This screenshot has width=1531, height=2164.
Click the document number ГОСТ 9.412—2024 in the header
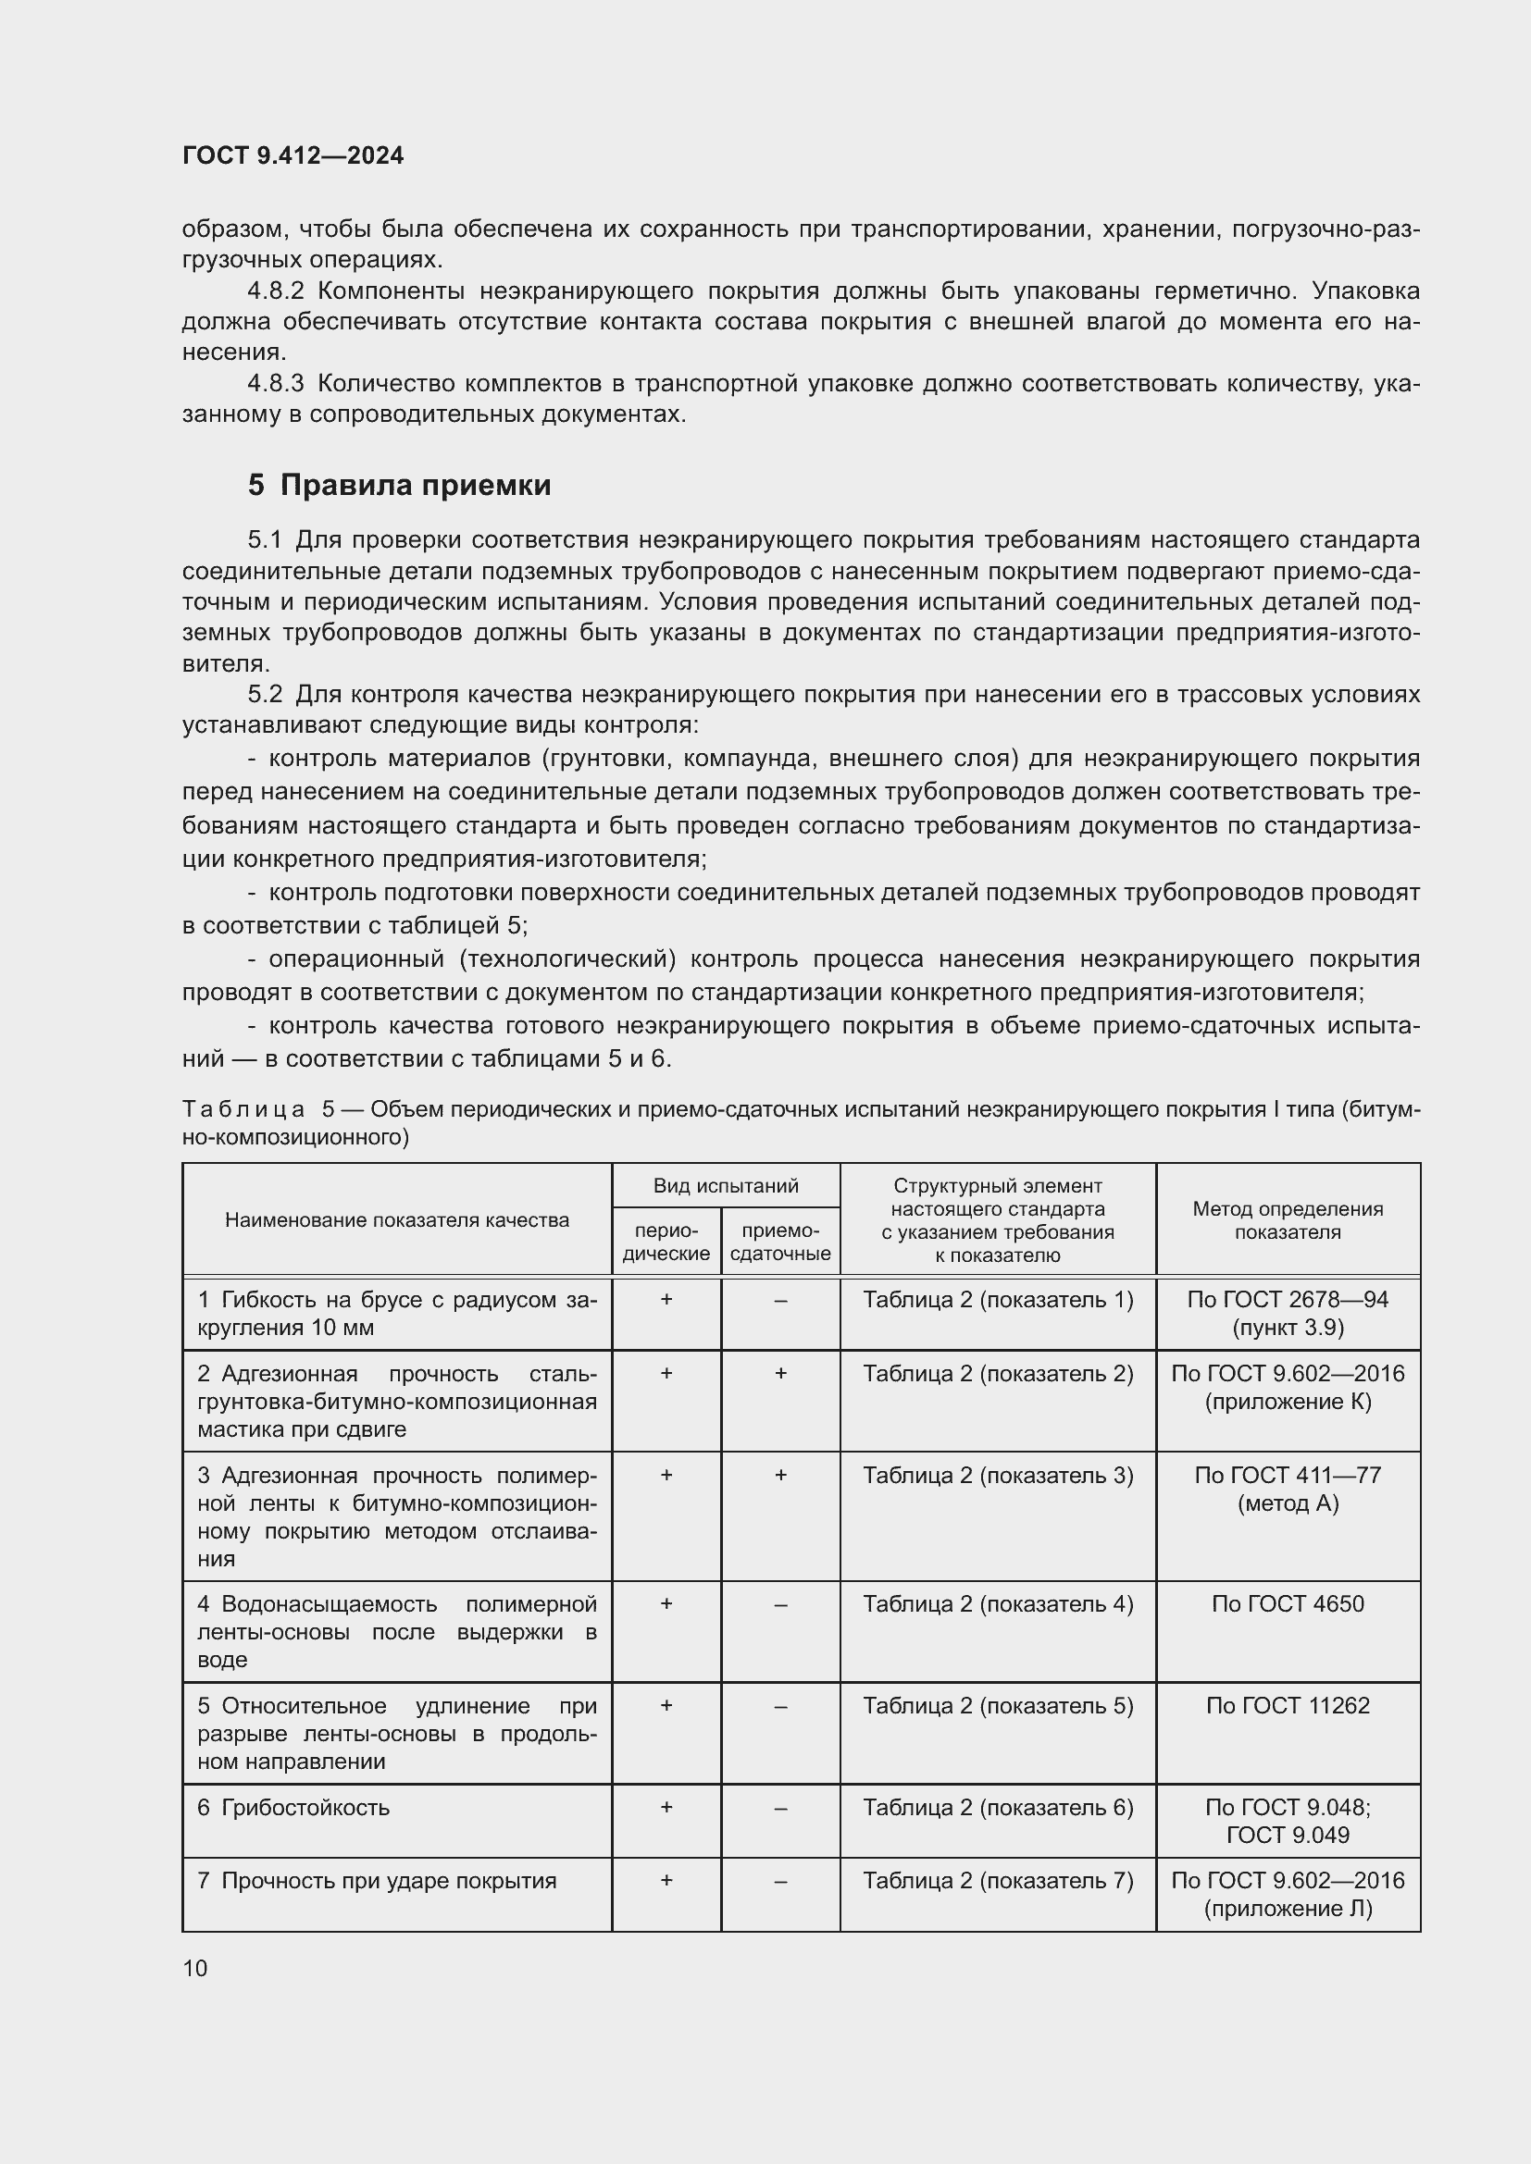point(293,155)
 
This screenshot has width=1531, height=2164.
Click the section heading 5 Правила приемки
point(399,486)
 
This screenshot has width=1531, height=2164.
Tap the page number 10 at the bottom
point(195,1968)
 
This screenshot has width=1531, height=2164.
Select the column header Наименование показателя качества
point(397,1220)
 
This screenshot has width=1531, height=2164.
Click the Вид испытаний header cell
point(725,1186)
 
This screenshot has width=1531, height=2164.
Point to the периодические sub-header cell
point(666,1243)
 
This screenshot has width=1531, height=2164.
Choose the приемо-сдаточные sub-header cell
point(779,1243)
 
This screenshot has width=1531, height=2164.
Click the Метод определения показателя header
point(1287,1220)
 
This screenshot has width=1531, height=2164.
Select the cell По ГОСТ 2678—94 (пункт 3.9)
point(1287,1314)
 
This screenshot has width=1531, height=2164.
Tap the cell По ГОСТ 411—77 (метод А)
point(1287,1490)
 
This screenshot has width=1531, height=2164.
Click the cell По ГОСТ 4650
point(1287,1604)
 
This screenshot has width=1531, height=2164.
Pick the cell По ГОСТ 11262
point(1287,1706)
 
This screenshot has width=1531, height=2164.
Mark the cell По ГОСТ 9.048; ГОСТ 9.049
point(1287,1821)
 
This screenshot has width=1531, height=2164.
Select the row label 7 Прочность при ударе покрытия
point(376,1881)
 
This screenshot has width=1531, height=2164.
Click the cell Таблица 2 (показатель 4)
point(998,1604)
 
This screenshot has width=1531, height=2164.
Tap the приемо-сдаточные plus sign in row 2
point(780,1373)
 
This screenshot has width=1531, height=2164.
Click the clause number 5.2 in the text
point(265,695)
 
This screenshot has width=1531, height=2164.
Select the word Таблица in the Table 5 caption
point(243,1109)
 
